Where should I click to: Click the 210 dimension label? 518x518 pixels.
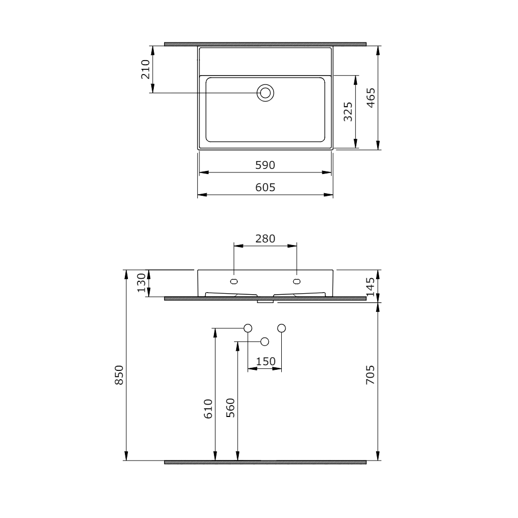(145, 69)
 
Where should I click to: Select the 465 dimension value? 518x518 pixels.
(371, 97)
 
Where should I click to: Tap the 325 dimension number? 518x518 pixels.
(348, 111)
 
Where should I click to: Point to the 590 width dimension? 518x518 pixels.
(265, 165)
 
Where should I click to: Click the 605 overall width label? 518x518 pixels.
(265, 188)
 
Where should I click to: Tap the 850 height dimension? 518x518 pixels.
(119, 375)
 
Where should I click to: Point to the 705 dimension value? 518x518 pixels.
(371, 375)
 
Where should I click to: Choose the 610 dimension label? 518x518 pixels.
(208, 409)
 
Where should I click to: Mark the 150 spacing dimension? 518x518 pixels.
(265, 362)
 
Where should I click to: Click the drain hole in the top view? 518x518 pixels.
(266, 93)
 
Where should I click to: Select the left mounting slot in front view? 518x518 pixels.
(234, 281)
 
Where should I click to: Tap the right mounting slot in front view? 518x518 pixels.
(296, 281)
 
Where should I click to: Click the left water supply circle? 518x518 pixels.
(248, 328)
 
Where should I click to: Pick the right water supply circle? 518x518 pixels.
(282, 328)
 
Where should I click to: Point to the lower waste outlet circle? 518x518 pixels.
(265, 341)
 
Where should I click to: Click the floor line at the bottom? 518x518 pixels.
(265, 462)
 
